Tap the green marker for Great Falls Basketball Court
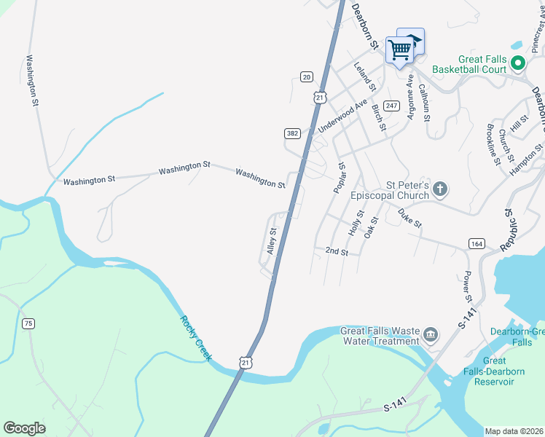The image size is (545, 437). [x=518, y=63]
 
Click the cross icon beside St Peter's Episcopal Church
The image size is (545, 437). [x=439, y=190]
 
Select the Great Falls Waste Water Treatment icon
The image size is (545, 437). [x=430, y=335]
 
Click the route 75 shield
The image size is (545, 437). [x=28, y=323]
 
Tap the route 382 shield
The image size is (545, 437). [x=291, y=133]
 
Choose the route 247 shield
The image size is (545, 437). [x=392, y=106]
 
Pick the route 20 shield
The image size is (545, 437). [x=306, y=76]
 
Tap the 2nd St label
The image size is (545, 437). [x=337, y=251]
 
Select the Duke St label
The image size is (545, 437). [x=409, y=218]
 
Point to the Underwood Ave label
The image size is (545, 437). [x=342, y=117]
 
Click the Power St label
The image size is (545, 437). [x=467, y=286]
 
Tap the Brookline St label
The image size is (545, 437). [x=493, y=146]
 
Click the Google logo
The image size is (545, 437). [x=24, y=428]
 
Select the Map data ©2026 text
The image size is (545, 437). [x=514, y=431]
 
